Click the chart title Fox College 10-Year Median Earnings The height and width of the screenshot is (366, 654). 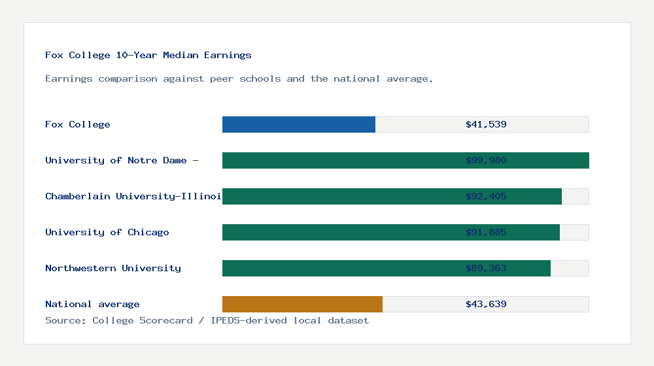148,56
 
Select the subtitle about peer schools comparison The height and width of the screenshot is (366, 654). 239,79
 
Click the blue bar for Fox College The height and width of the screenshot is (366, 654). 299,125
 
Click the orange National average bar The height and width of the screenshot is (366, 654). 302,305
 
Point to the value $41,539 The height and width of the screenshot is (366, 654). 486,125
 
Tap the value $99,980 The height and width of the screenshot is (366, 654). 486,161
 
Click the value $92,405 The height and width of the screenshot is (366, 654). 486,197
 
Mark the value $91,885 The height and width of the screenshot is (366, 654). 486,233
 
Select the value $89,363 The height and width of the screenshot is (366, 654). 486,269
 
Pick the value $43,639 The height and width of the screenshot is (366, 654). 486,305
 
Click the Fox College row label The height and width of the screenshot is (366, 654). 78,125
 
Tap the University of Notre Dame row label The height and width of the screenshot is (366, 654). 122,161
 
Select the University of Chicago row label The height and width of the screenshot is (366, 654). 107,233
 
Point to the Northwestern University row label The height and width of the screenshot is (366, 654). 113,269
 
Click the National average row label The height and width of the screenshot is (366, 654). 92,305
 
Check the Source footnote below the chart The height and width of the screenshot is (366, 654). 207,321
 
